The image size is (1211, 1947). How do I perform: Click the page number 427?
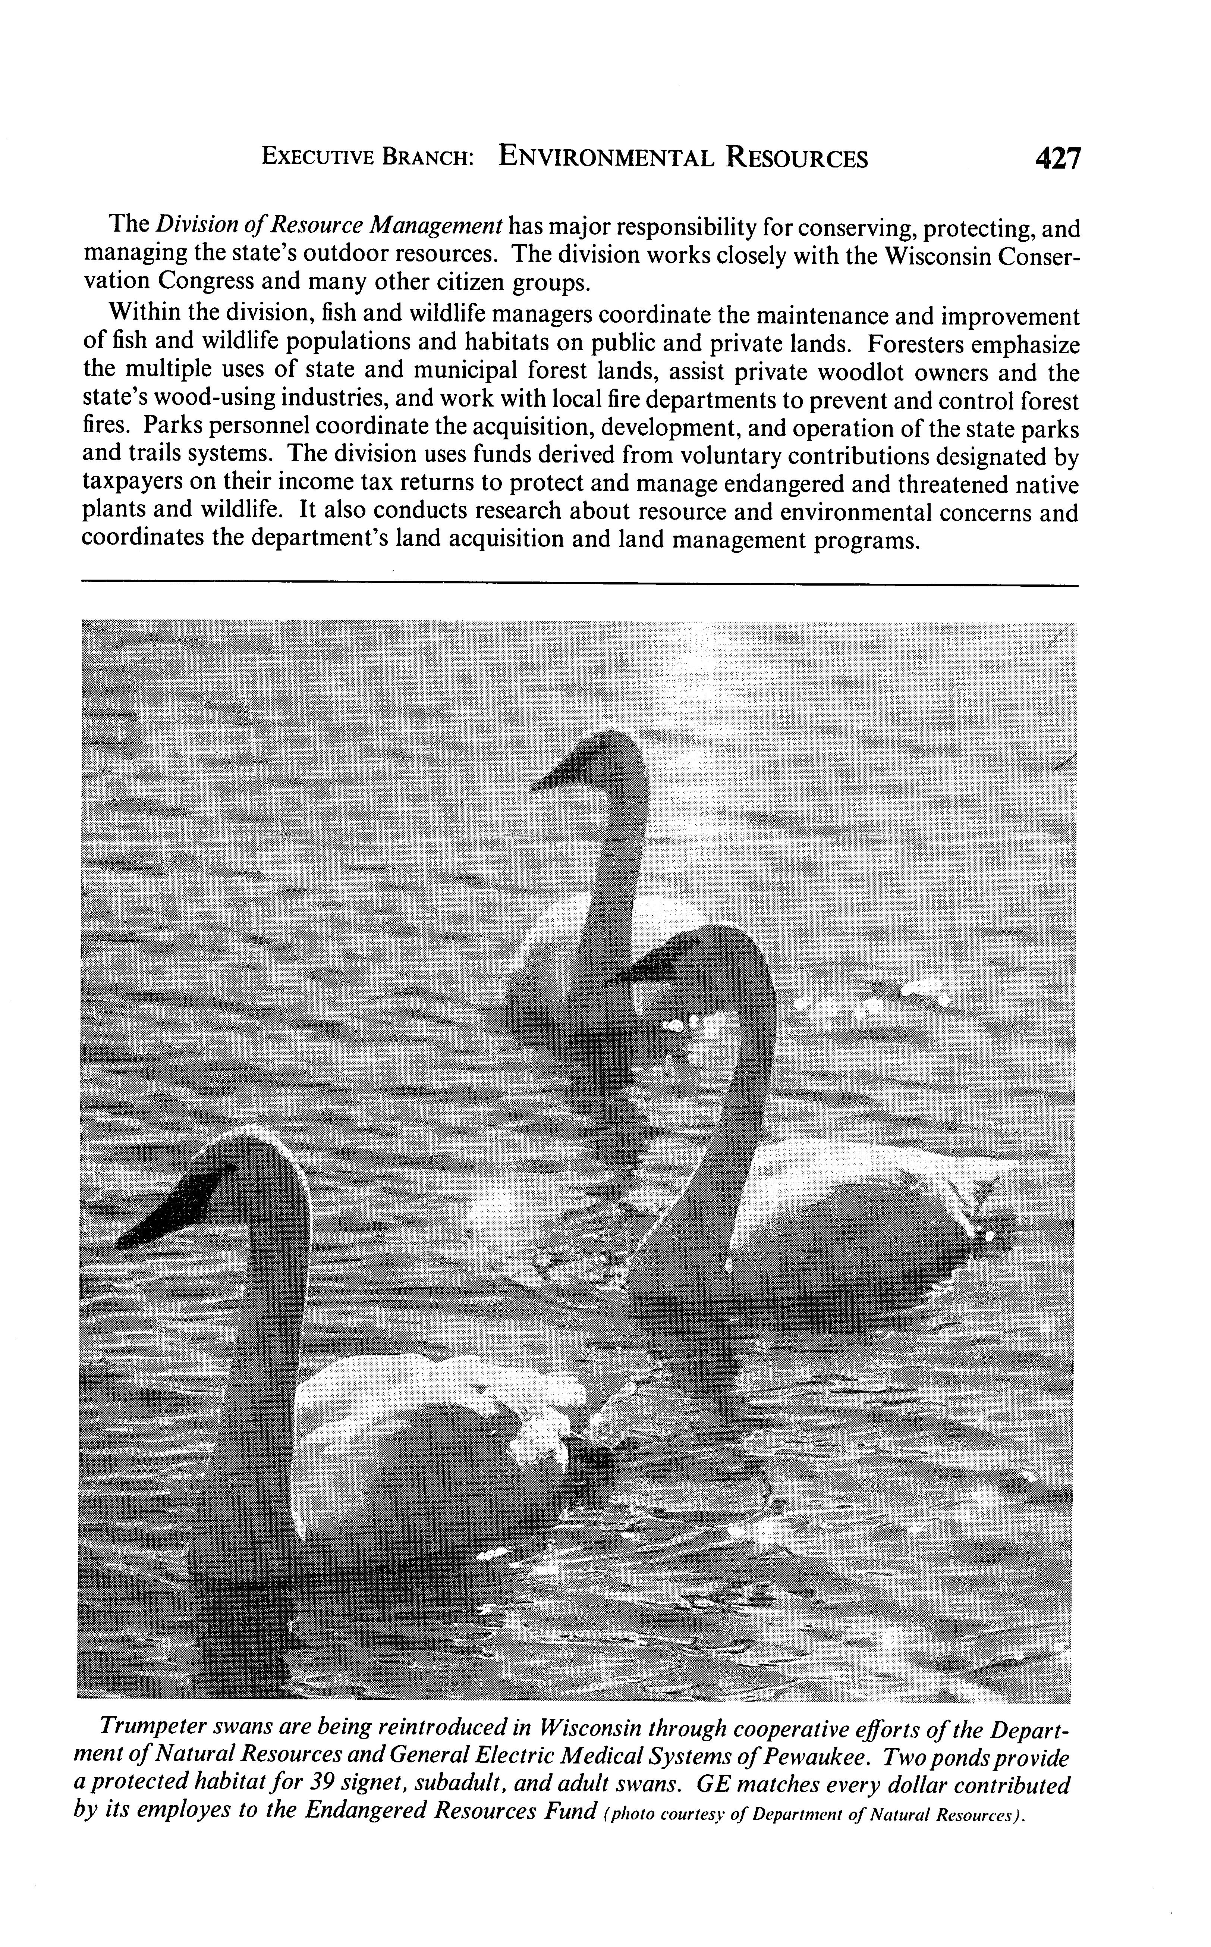[1057, 158]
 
